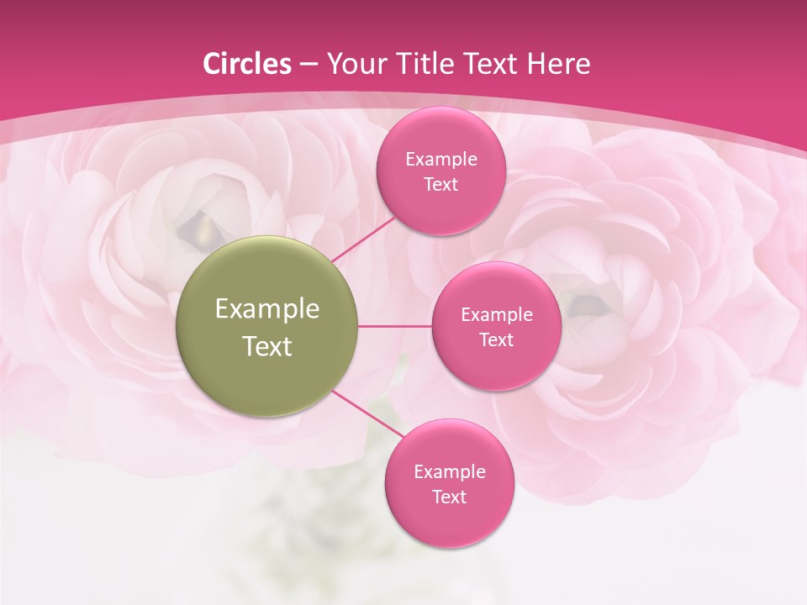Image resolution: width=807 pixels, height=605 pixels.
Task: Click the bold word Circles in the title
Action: coord(246,64)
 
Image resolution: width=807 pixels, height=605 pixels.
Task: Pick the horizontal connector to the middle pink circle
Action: coord(395,326)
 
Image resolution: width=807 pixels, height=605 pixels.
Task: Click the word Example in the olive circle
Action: coord(267,309)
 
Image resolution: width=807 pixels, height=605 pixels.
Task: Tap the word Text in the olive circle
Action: coord(267,346)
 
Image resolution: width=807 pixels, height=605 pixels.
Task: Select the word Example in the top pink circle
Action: coord(441,159)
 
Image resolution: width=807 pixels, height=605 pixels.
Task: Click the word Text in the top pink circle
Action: coord(441,184)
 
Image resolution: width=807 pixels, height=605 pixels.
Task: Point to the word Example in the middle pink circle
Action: coord(497,314)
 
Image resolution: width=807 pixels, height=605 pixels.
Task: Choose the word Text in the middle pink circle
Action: coord(497,339)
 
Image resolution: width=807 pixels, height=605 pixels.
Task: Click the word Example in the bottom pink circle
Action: coord(450,471)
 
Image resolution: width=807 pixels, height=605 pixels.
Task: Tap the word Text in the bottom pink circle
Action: coord(450,497)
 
